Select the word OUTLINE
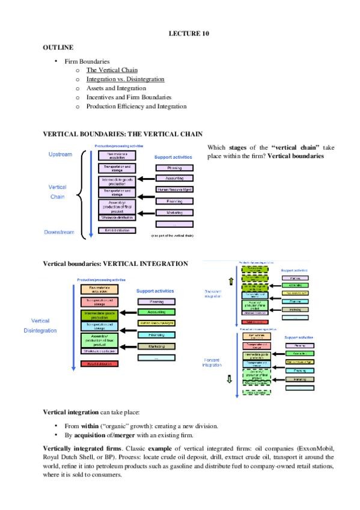coord(58,47)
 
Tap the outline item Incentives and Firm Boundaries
coord(129,97)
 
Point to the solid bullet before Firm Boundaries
coord(55,61)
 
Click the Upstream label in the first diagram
coord(60,155)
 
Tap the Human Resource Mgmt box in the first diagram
coord(174,189)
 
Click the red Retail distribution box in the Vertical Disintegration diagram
coord(99,364)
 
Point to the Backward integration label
coord(215,293)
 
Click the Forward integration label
coord(213,363)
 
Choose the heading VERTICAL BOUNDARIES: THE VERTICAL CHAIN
coord(123,134)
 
